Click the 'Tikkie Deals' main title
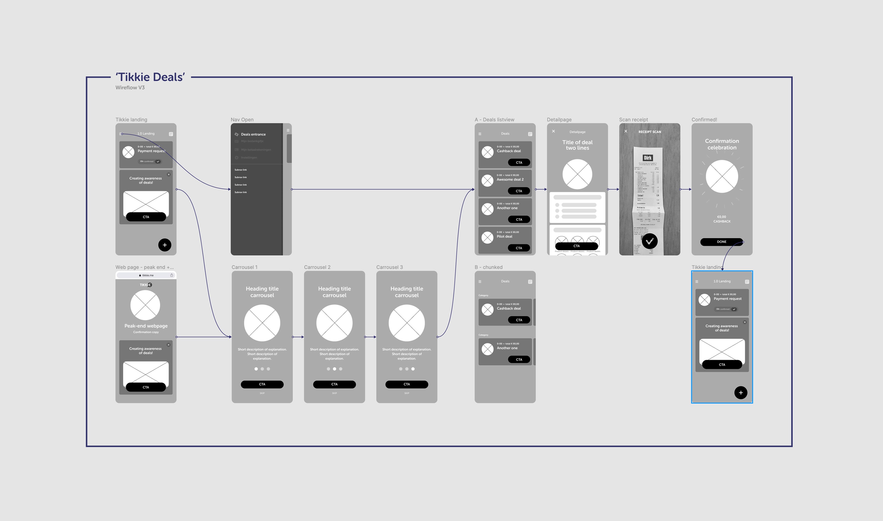coord(150,77)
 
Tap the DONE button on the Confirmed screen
coord(721,242)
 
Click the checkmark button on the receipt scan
coord(650,241)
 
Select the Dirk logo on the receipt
coord(648,158)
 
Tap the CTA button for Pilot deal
coord(519,248)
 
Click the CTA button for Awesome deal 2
coord(519,191)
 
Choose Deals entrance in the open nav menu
coord(253,134)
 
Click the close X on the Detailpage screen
coord(554,131)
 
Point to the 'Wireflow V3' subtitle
coord(130,88)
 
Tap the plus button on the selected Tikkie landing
coord(740,393)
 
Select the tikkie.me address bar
coord(146,276)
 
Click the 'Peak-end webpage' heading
coord(146,326)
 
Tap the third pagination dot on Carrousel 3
coord(413,369)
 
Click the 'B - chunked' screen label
coord(488,267)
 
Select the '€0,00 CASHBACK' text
coord(721,219)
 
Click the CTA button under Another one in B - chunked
coord(519,359)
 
